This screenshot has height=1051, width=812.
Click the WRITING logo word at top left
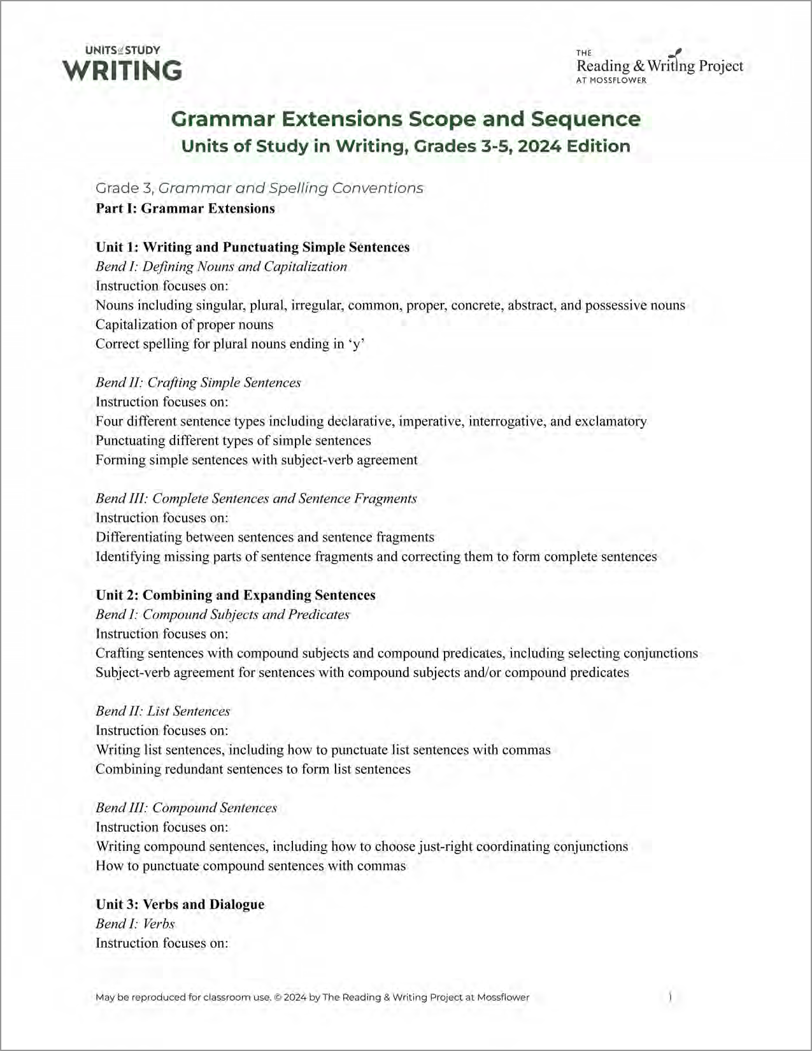click(x=122, y=70)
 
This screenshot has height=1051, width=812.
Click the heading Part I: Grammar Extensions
click(x=185, y=208)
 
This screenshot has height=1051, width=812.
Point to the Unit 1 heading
click(x=252, y=247)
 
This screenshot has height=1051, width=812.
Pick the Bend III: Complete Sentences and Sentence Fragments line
click(x=256, y=498)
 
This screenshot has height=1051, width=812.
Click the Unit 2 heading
click(x=235, y=595)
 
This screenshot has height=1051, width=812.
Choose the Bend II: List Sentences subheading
click(x=162, y=711)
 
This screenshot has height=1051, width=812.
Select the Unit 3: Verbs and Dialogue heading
click(x=180, y=904)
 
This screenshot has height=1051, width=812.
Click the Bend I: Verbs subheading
click(x=134, y=924)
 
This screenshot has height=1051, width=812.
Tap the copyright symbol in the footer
click(x=278, y=997)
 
